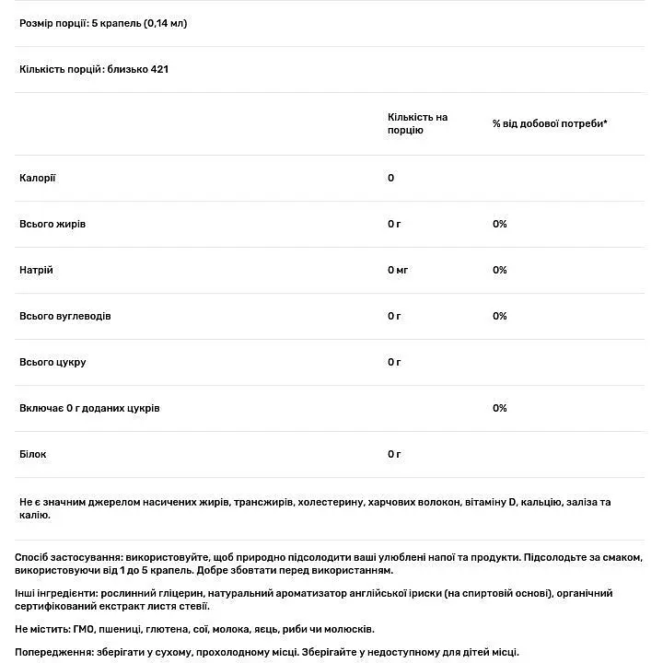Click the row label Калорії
(x=37, y=178)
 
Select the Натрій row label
(x=36, y=270)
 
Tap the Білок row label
(x=32, y=454)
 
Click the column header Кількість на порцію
(x=417, y=124)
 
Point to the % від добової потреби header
(x=550, y=123)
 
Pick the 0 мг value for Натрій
(x=398, y=270)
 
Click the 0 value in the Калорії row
(x=391, y=178)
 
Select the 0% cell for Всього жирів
(x=500, y=224)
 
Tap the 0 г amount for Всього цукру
(x=394, y=362)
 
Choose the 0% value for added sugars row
(x=500, y=408)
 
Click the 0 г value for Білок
(x=394, y=454)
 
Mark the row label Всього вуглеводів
(x=64, y=316)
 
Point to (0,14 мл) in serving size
(x=165, y=23)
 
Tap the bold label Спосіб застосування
(x=69, y=558)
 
